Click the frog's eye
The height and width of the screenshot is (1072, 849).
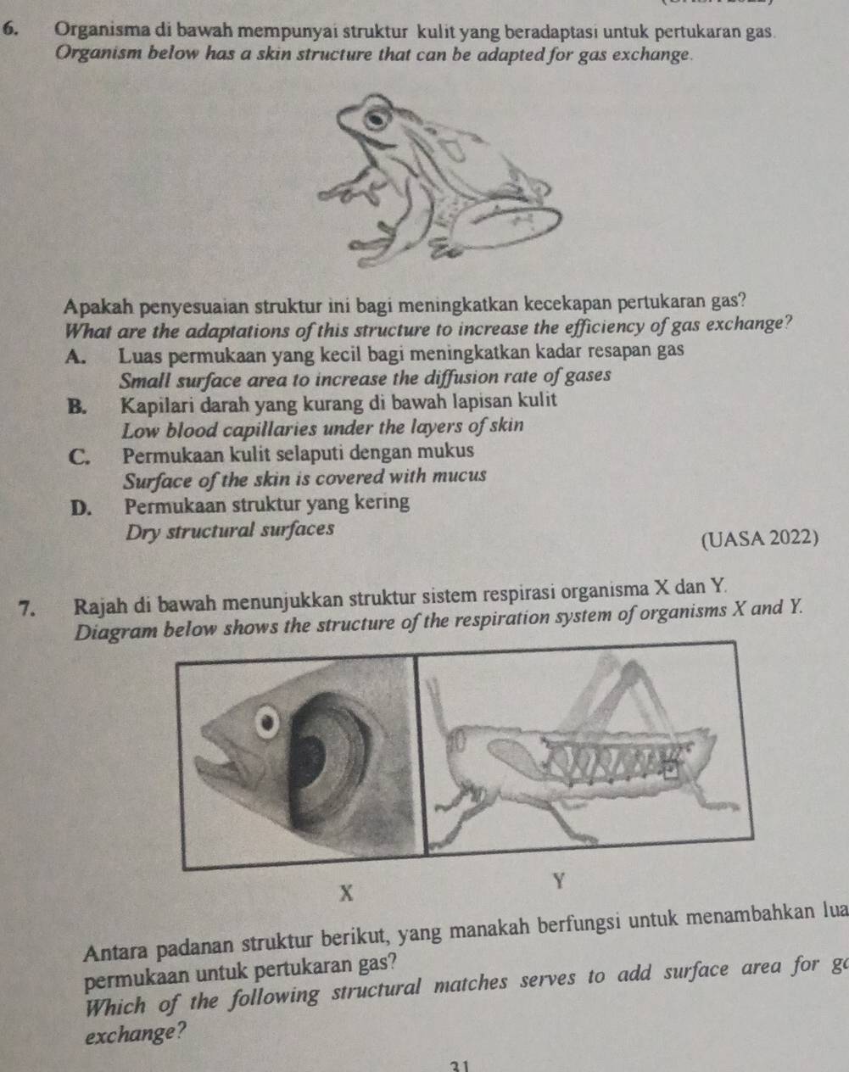click(x=374, y=118)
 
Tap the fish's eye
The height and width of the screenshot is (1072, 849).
click(x=270, y=723)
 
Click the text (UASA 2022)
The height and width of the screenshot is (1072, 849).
click(x=761, y=538)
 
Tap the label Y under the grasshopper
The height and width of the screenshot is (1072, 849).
click(x=558, y=882)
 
